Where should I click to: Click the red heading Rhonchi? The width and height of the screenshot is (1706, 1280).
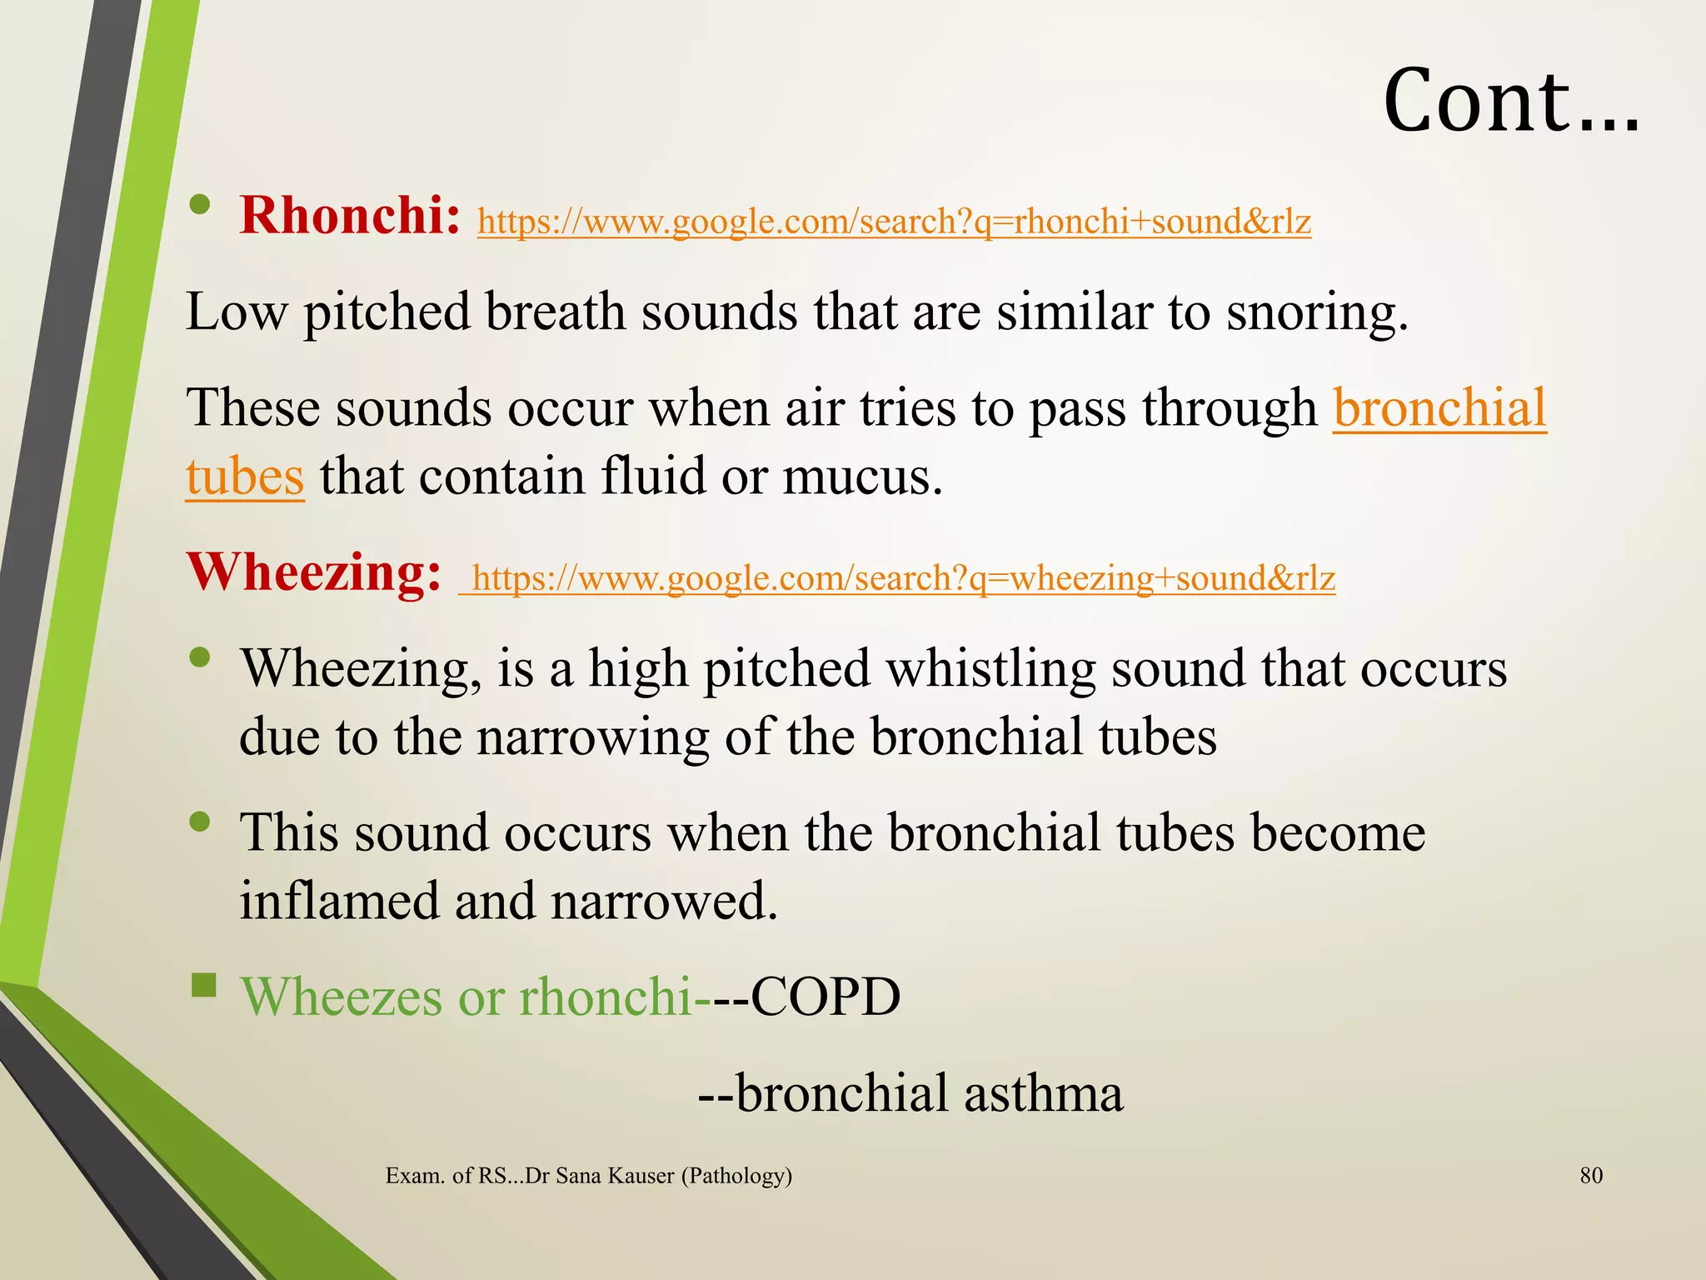[x=350, y=216]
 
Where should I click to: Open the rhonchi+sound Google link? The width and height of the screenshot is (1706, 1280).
[x=894, y=222]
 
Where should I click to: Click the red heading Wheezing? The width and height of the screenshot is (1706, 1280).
[x=313, y=572]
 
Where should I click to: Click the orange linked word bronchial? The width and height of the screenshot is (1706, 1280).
[x=1439, y=408]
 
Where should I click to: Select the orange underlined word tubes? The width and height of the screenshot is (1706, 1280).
[x=245, y=477]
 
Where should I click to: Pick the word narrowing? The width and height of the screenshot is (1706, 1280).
[x=592, y=737]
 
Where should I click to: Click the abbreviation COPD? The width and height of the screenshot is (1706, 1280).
[x=825, y=997]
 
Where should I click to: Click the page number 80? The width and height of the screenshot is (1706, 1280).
[x=1591, y=1176]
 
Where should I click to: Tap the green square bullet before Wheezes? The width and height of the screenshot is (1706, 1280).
[x=203, y=986]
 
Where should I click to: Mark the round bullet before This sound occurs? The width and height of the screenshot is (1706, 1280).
[x=200, y=822]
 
